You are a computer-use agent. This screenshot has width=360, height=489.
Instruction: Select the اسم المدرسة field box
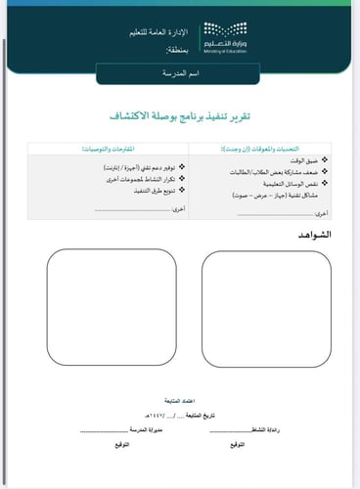[x=179, y=73]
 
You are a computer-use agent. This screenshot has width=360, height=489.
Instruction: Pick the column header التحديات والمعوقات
[x=277, y=147]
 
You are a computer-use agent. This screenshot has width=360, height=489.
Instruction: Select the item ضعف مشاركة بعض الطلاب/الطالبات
[x=283, y=171]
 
